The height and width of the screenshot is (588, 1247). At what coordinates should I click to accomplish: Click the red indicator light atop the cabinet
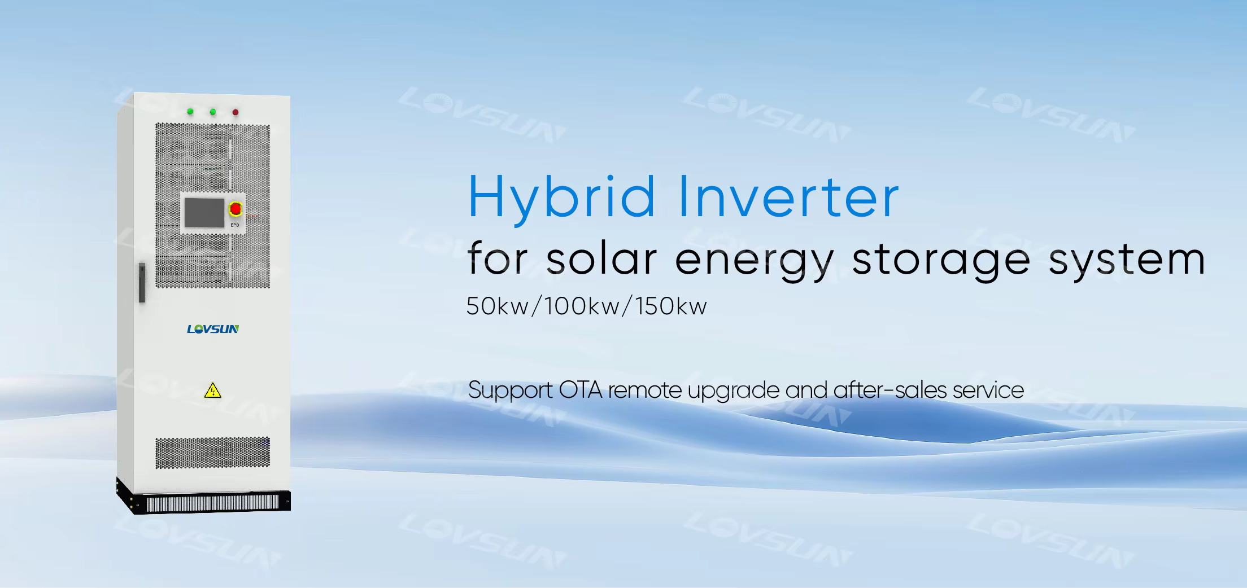pos(236,112)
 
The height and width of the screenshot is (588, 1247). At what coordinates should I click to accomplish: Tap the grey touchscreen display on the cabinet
pos(204,212)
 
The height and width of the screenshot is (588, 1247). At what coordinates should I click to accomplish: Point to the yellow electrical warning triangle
pos(212,390)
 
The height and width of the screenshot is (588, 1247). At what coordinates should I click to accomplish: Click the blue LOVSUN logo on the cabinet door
pos(213,329)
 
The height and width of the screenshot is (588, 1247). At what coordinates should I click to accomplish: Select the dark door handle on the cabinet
pos(141,283)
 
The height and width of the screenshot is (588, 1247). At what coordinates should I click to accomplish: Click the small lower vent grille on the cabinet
pos(212,453)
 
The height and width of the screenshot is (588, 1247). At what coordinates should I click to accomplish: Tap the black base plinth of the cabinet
pos(203,496)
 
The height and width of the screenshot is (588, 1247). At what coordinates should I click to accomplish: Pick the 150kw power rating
pos(671,306)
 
